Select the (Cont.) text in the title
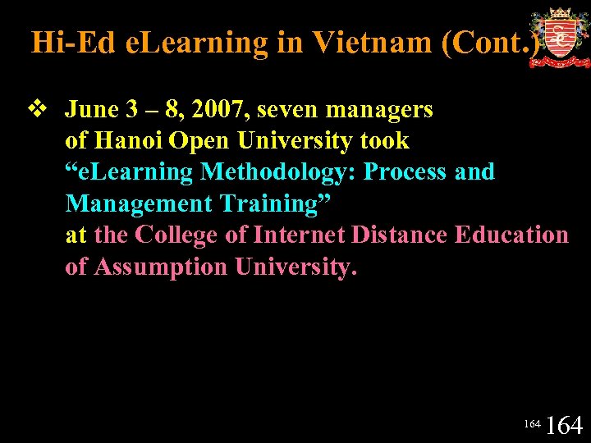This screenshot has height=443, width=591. tap(491, 42)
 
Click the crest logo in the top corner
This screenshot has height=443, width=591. tap(559, 38)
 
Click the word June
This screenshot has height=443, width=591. tap(92, 109)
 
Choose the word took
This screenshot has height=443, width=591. tap(383, 140)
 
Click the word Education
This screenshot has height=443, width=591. tap(511, 235)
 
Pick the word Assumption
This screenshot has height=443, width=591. tap(161, 267)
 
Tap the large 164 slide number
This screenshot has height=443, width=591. tap(564, 425)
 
